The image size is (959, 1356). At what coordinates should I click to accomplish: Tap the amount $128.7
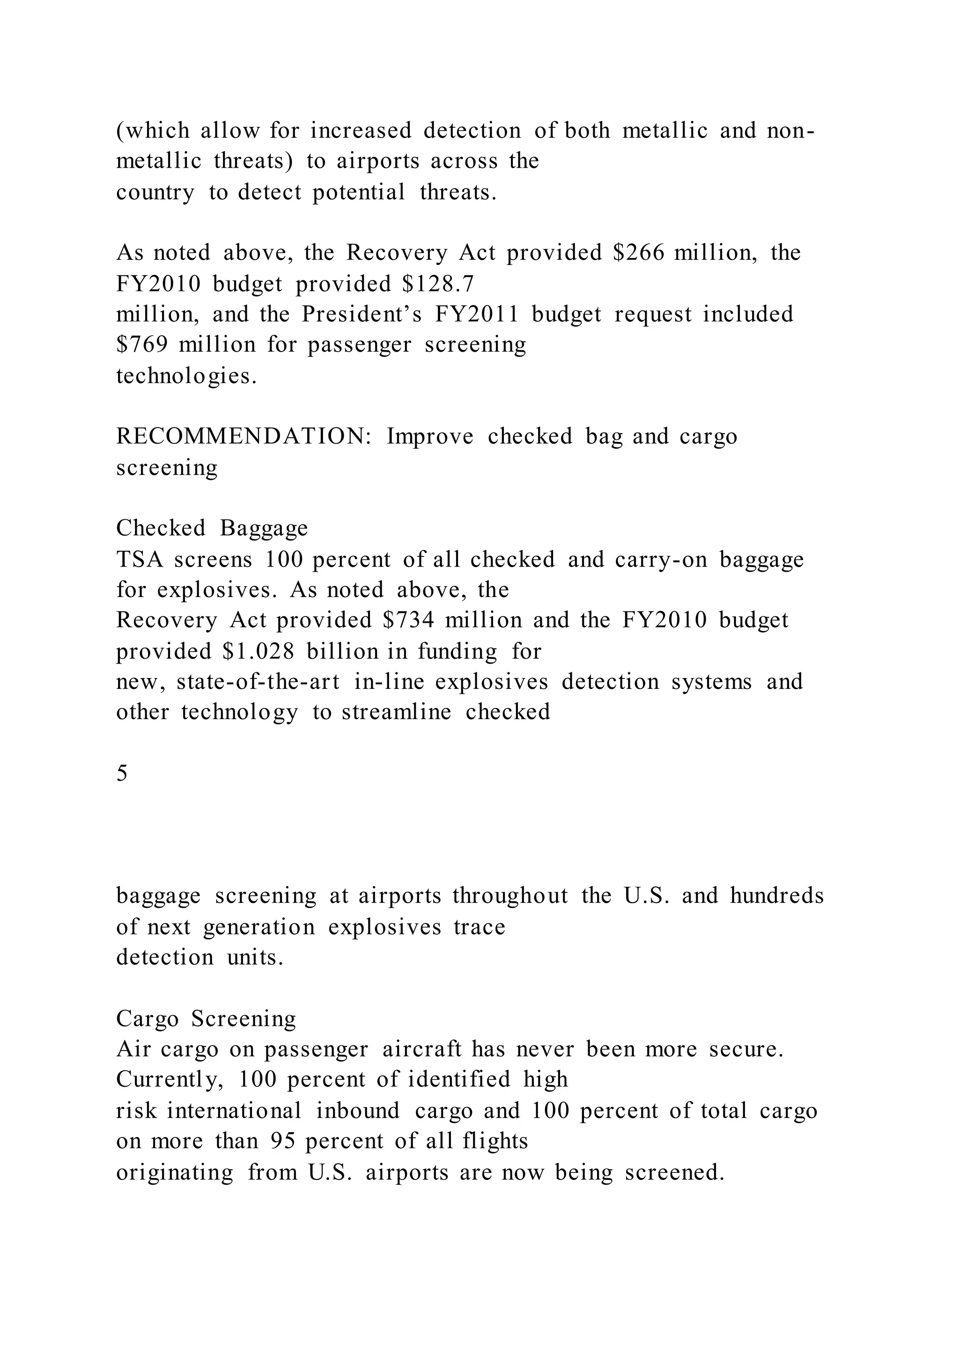click(x=437, y=284)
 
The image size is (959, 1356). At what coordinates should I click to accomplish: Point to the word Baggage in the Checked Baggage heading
click(x=264, y=528)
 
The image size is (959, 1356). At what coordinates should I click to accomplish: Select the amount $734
click(x=408, y=620)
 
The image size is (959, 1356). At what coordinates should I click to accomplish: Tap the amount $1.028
click(x=258, y=651)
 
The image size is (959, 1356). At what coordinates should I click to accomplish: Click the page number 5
click(x=122, y=773)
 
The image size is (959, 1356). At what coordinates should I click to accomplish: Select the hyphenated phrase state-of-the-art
click(x=258, y=682)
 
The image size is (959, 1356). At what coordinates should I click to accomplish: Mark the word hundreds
click(x=776, y=896)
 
